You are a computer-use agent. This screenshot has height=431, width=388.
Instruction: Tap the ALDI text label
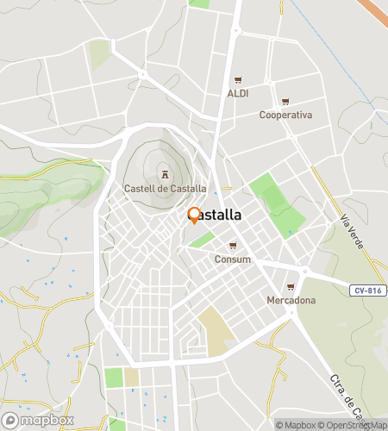coord(238,92)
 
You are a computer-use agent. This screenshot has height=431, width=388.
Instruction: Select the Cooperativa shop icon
coord(285,102)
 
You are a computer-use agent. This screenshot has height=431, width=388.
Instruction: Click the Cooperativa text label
coord(285,115)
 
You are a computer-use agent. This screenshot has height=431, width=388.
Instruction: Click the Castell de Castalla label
coord(165,188)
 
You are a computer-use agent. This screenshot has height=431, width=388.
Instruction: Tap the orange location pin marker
coord(194,215)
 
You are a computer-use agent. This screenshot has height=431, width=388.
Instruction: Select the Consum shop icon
coord(232,246)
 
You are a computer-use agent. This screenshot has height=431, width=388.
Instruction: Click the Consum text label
coord(233,259)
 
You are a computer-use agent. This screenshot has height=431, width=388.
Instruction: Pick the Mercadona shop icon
coord(291,287)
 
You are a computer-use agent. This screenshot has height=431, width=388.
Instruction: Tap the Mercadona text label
coord(291,300)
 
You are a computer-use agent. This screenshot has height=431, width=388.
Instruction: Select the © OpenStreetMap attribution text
coord(354,425)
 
